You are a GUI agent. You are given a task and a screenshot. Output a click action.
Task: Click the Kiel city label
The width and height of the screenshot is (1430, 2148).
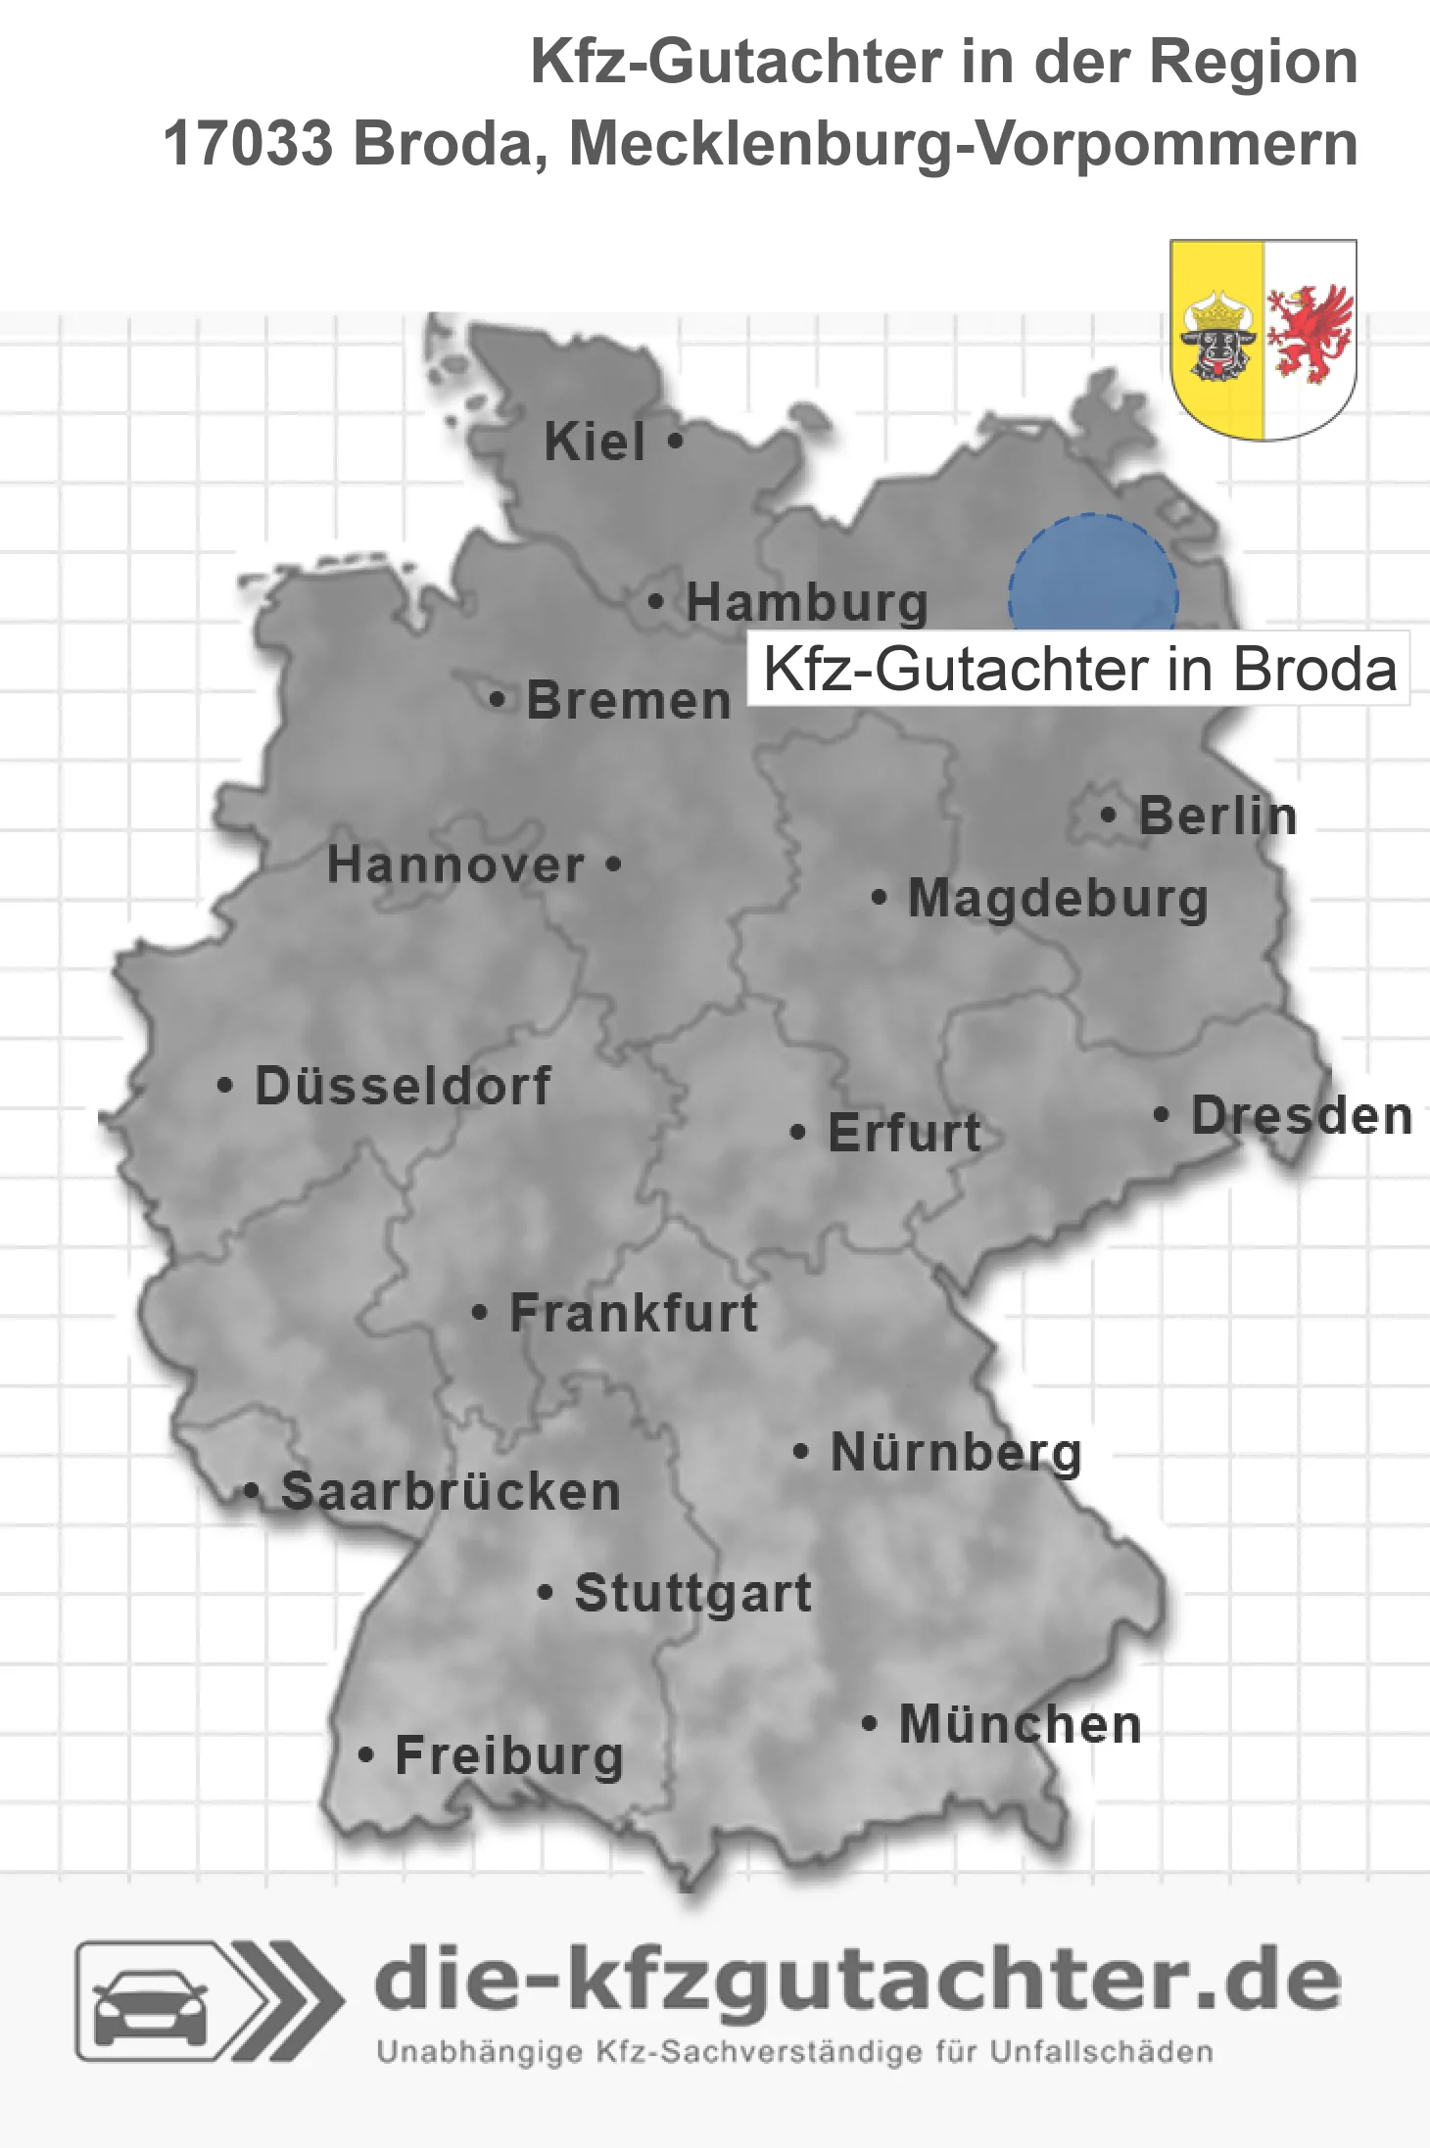tap(595, 442)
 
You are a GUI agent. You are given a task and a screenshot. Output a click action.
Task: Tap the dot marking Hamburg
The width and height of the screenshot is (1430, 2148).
tap(656, 602)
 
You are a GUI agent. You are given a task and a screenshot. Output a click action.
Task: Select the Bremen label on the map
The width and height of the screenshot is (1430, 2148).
tap(629, 701)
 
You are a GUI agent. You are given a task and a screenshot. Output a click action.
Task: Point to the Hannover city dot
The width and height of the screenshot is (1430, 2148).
tap(613, 864)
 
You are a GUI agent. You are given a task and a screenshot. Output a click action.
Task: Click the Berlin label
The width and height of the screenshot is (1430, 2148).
tap(1217, 816)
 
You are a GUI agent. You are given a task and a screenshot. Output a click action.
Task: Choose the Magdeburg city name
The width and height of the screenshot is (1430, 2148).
tap(1058, 899)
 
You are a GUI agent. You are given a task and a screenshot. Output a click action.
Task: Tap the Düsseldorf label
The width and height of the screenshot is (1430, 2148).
tap(403, 1086)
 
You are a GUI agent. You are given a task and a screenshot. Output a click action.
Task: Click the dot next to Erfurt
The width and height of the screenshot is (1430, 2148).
tap(798, 1133)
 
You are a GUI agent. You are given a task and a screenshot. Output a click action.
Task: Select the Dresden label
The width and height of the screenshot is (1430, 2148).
tap(1301, 1116)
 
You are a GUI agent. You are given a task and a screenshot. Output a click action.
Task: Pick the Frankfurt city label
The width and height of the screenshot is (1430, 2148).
tap(634, 1313)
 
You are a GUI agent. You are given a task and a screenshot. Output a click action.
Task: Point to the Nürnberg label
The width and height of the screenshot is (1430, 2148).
tap(956, 1453)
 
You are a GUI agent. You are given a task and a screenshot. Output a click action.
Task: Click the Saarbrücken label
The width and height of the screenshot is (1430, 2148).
tap(451, 1492)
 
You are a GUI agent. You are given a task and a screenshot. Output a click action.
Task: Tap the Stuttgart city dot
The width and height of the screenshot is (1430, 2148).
tap(546, 1593)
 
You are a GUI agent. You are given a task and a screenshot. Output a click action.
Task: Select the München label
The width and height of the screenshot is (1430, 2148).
tap(1020, 1725)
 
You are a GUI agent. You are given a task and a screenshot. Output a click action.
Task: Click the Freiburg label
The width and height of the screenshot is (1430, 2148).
tap(509, 1756)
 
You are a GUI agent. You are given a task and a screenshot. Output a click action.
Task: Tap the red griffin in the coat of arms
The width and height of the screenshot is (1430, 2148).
tap(1310, 333)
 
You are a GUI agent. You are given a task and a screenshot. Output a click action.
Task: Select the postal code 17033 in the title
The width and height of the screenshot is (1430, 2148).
tap(248, 144)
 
